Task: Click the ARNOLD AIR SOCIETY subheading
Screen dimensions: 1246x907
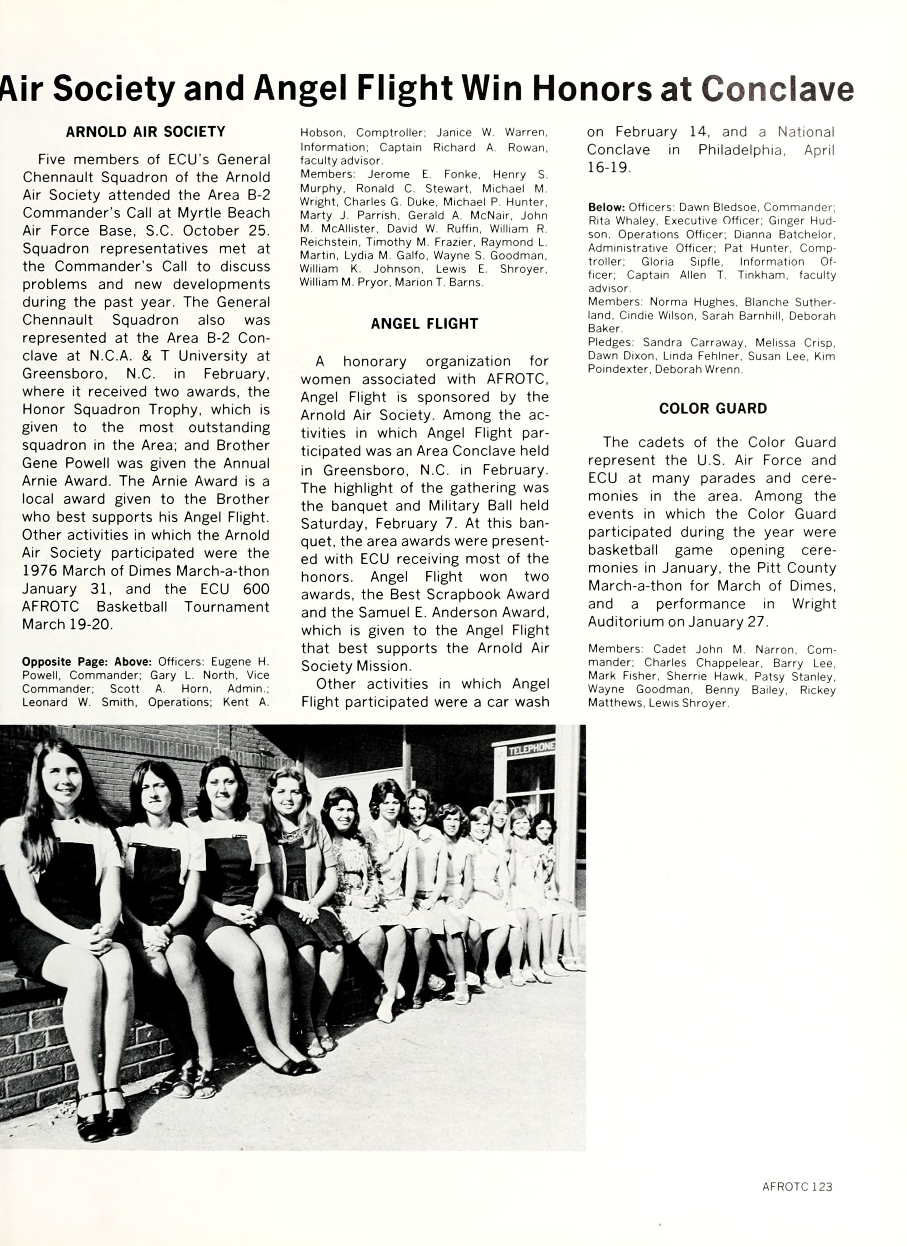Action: point(146,132)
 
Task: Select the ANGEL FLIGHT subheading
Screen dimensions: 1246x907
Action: point(424,324)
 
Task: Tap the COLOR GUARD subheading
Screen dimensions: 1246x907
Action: point(712,408)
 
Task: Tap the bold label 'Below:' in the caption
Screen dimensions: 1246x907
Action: point(606,208)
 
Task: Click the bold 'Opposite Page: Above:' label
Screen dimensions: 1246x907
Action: point(89,662)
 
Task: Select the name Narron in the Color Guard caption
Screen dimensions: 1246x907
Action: point(772,649)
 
